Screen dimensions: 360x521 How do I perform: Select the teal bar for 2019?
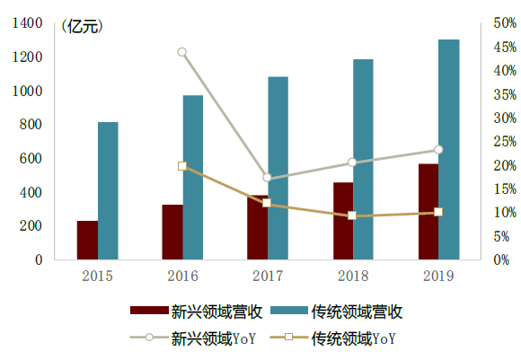(448, 149)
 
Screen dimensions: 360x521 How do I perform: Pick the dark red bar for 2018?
(343, 221)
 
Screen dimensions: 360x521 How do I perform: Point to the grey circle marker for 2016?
(181, 52)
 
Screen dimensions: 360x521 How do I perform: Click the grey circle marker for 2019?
(438, 150)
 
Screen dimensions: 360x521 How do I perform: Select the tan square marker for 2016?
(181, 166)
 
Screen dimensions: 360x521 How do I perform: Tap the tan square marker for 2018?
(352, 215)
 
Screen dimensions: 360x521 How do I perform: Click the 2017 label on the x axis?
(268, 275)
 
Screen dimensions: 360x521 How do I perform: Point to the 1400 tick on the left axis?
(28, 23)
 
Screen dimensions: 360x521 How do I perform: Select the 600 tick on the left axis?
(31, 159)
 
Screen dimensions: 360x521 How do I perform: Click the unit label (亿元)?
(82, 26)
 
